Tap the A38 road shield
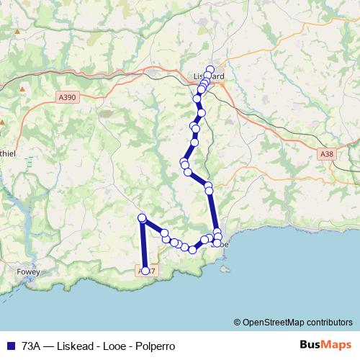pos(328,153)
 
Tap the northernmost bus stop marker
pos(210,70)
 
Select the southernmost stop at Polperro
pos(145,271)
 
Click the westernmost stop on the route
pos(142,218)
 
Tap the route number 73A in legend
pos(32,346)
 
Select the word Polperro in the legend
pos(155,346)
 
